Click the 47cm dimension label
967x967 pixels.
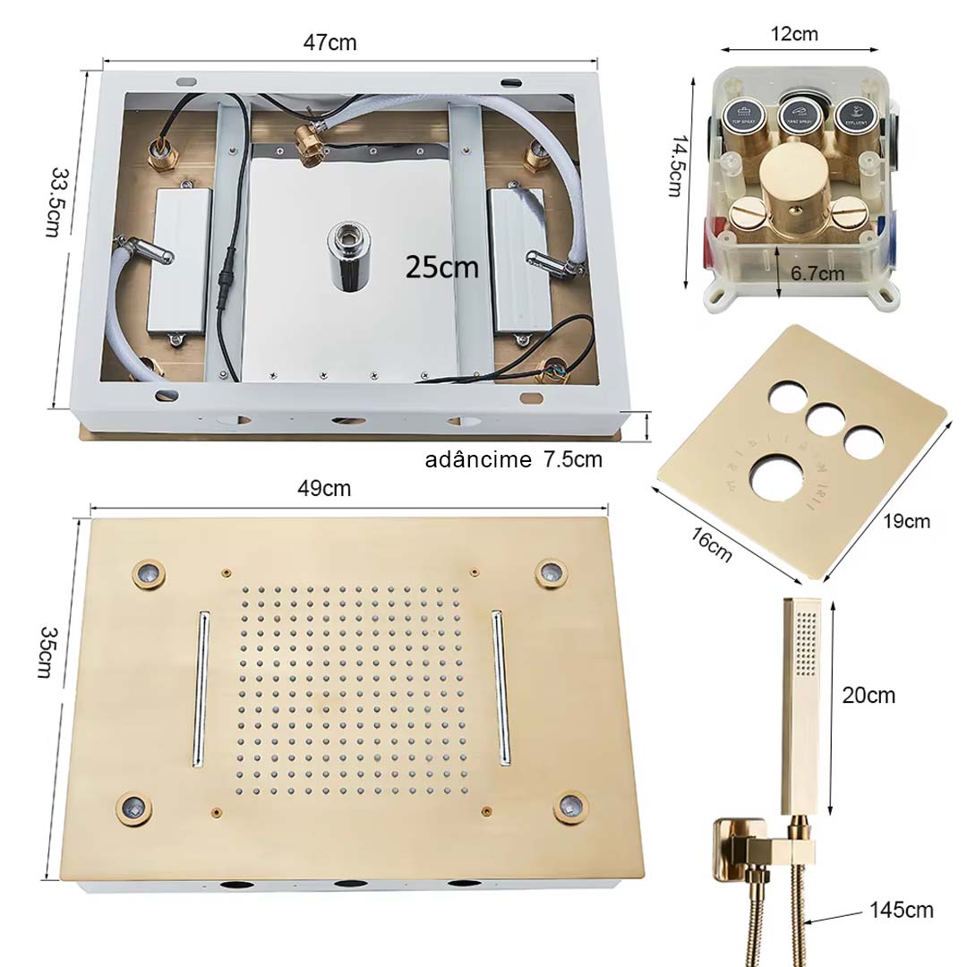click(329, 41)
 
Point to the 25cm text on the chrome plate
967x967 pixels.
click(441, 266)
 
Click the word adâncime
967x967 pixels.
click(477, 460)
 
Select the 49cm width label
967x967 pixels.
click(324, 489)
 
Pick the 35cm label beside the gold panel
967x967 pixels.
click(44, 652)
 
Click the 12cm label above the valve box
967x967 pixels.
click(793, 35)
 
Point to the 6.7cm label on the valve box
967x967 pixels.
click(817, 274)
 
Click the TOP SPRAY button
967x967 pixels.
click(743, 115)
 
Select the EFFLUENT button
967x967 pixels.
click(853, 115)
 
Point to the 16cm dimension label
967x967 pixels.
click(711, 546)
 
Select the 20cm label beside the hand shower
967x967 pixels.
click(869, 695)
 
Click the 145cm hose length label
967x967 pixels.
click(902, 911)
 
